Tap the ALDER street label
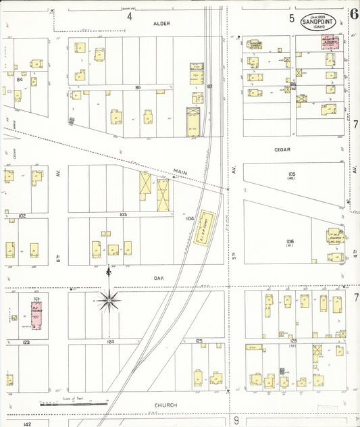(x=161, y=24)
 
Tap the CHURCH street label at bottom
(x=165, y=405)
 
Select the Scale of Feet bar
(x=73, y=404)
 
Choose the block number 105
(x=291, y=174)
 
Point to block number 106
(x=290, y=241)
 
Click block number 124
(x=110, y=342)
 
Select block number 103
(x=122, y=214)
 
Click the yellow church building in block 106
(x=335, y=238)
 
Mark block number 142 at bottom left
(x=26, y=424)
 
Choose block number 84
(x=20, y=80)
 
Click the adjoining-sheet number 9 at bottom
(x=236, y=420)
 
